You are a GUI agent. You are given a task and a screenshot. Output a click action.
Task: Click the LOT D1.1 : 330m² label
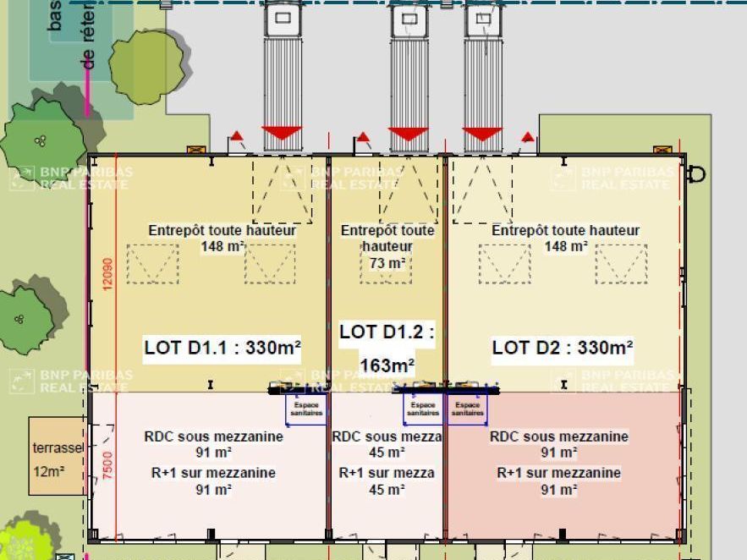click(x=222, y=348)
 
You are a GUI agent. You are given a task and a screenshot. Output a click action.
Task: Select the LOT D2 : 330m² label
click(x=563, y=348)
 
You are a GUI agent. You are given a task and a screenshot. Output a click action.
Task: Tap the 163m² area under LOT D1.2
click(x=387, y=365)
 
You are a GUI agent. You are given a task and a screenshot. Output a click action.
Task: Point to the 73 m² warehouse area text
click(x=387, y=264)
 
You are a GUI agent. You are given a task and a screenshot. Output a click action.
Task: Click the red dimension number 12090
click(x=107, y=274)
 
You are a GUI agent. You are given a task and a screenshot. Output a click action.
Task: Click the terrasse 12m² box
click(x=58, y=456)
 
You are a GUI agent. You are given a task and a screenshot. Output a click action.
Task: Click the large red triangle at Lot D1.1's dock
click(x=282, y=134)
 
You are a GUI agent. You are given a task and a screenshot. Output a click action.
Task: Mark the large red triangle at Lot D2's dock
click(x=483, y=134)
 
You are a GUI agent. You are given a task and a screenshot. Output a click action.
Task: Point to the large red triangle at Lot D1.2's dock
click(x=409, y=134)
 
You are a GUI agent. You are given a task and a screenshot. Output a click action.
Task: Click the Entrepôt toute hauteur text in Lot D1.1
click(x=222, y=230)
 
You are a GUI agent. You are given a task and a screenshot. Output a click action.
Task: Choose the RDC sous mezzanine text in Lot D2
click(x=559, y=436)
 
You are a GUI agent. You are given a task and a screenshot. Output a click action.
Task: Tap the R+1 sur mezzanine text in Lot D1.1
click(x=213, y=473)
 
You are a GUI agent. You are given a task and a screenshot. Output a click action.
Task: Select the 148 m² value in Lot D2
click(x=566, y=247)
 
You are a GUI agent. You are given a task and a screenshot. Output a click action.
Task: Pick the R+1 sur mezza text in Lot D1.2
click(x=387, y=473)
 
